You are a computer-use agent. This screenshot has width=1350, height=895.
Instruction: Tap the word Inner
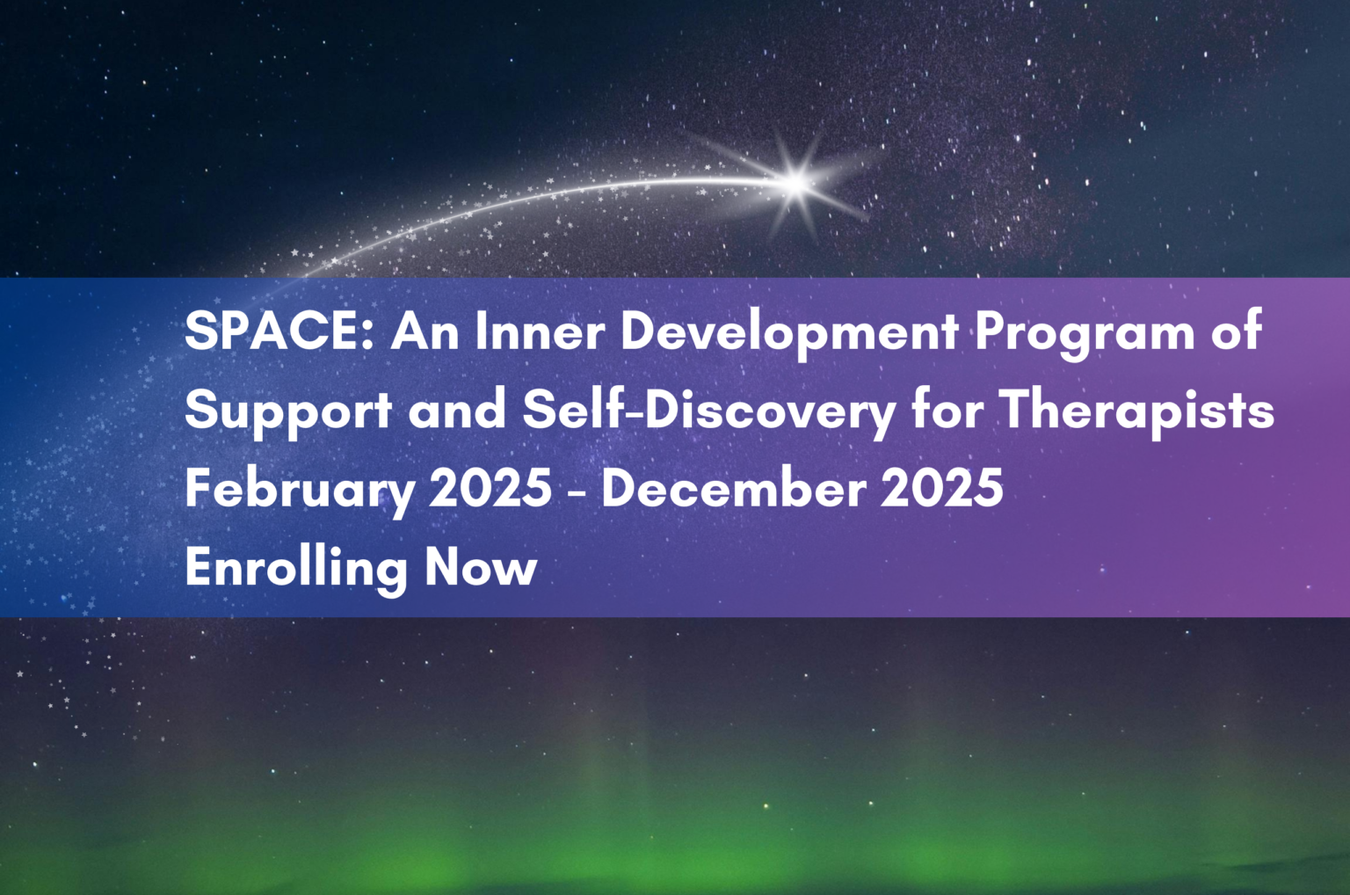click(540, 331)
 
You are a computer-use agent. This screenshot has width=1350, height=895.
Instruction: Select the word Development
click(789, 335)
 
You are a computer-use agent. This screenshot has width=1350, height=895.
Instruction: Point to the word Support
click(288, 414)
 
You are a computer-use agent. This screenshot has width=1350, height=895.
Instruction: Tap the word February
click(300, 491)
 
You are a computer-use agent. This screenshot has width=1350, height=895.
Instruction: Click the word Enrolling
click(296, 569)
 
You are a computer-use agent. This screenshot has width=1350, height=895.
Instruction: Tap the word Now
click(481, 566)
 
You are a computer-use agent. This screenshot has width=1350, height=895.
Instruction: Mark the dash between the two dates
click(577, 492)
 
